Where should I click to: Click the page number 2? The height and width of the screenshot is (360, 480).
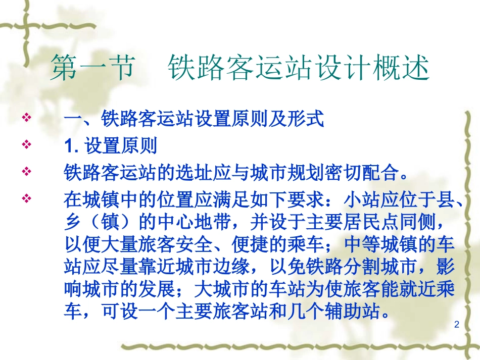[x=457, y=325]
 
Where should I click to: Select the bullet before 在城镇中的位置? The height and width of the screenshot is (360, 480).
[x=27, y=198]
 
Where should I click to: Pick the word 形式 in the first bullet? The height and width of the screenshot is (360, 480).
[x=306, y=120]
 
